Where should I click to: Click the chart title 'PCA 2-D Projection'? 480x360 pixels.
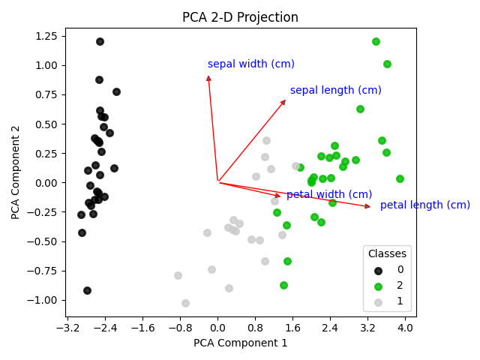click(x=240, y=17)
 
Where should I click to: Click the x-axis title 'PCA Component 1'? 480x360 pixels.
click(x=240, y=343)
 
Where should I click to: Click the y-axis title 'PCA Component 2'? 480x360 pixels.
click(x=16, y=172)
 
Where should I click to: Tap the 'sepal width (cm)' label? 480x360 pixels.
click(x=250, y=64)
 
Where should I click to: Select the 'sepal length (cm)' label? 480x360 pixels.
click(x=335, y=91)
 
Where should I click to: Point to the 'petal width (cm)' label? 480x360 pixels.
click(x=328, y=195)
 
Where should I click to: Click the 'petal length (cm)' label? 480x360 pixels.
click(x=424, y=205)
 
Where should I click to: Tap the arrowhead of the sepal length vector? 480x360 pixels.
click(x=283, y=101)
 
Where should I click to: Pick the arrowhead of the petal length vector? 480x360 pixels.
click(x=367, y=206)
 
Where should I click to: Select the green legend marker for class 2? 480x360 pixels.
click(x=378, y=286)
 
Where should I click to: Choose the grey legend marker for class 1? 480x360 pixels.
click(x=378, y=302)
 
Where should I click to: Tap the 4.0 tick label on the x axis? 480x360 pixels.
click(x=405, y=328)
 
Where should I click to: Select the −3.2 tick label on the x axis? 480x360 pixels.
click(x=67, y=328)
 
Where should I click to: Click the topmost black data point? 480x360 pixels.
click(x=100, y=41)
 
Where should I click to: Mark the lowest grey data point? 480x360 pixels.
click(x=185, y=303)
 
